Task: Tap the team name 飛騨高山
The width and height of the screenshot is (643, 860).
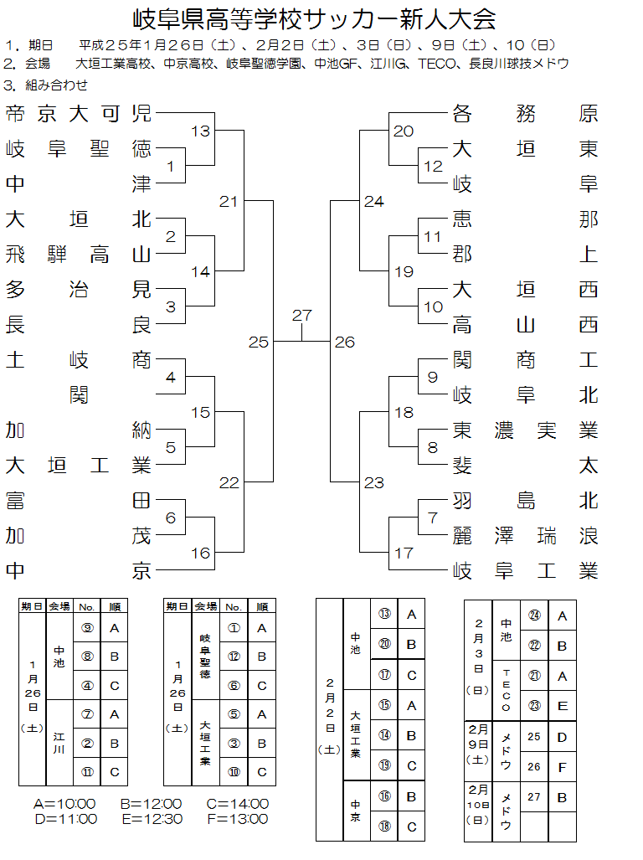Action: coord(79,255)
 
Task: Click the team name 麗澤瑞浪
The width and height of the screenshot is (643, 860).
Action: coord(525,536)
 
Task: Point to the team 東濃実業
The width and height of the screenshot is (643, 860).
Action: coord(525,430)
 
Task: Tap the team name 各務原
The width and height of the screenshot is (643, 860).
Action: coord(525,115)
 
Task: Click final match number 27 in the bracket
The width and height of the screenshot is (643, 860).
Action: coord(301,316)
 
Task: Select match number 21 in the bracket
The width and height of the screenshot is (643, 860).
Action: coord(229,202)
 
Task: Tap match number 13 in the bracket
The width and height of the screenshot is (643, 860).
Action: coord(200,131)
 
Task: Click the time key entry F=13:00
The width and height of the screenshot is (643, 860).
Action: coord(237,819)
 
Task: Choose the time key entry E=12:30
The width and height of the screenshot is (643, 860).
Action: coord(151,819)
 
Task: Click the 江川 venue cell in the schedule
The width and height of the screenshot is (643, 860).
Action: coord(59,743)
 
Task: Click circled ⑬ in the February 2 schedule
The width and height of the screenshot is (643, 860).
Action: coord(384,614)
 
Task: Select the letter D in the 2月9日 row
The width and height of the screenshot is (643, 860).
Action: coord(562,738)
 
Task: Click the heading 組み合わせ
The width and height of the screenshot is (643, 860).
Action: coord(56,85)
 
